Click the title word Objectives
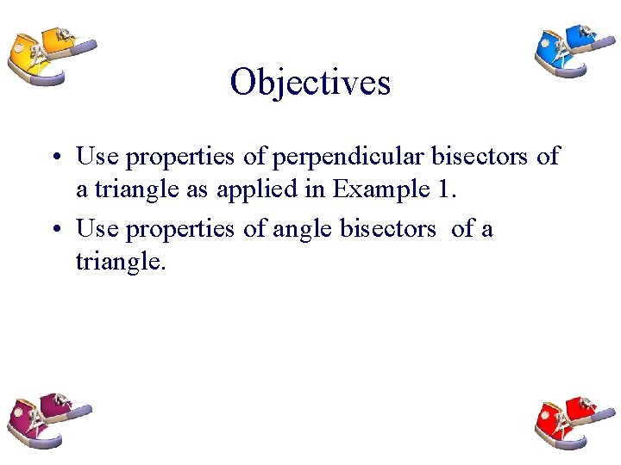310,83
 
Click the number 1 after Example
440,189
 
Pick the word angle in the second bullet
311,230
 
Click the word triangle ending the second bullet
118,262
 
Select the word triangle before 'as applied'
136,189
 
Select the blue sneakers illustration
571,49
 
